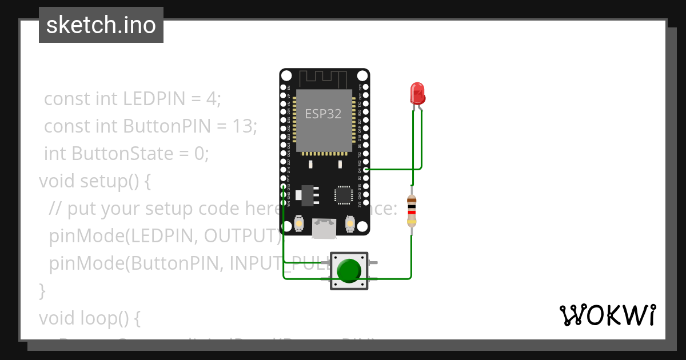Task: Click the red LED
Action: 417,93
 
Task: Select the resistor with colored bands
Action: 411,210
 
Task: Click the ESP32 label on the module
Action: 323,114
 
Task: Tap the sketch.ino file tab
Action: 101,25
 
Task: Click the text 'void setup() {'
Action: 94,181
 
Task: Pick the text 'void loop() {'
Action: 89,318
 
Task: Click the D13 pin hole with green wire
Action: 284,186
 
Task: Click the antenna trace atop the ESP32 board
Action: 324,78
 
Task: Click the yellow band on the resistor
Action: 411,222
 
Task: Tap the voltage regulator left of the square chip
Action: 307,194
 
